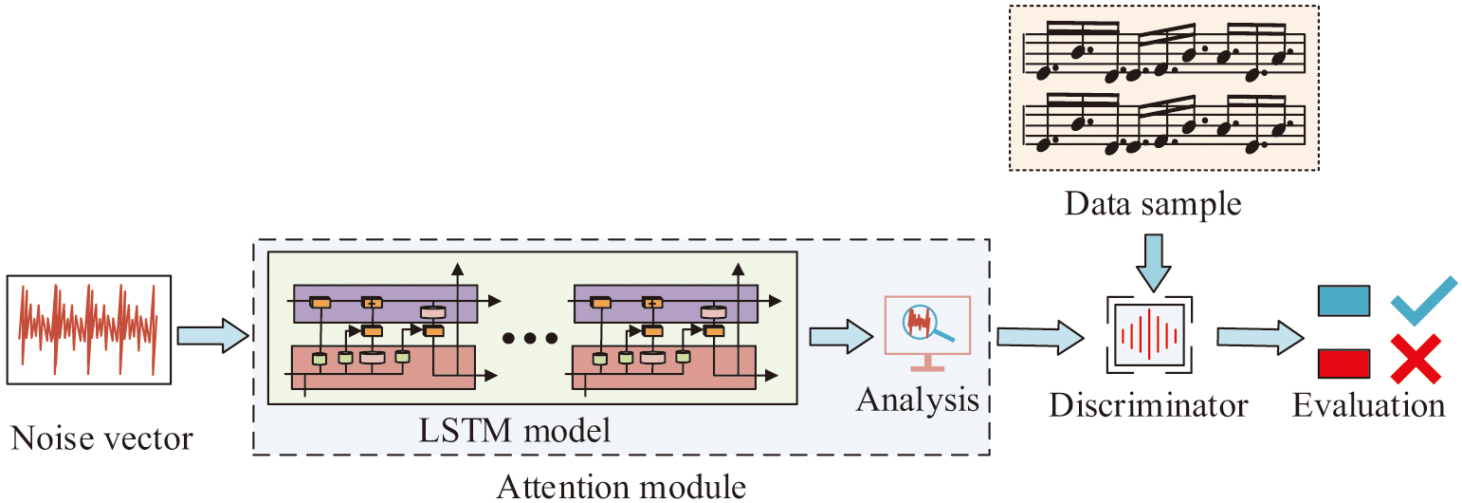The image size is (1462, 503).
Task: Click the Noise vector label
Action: click(101, 438)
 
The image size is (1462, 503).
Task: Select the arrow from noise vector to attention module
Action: click(211, 334)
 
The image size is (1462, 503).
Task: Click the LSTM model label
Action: click(515, 430)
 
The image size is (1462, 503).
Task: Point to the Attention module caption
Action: click(621, 487)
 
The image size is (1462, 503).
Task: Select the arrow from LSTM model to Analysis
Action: click(840, 334)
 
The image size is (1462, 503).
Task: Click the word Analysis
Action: click(918, 400)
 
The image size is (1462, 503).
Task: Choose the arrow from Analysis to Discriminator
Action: click(1039, 334)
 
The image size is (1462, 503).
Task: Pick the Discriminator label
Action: click(1148, 406)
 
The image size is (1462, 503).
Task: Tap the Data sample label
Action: click(1152, 203)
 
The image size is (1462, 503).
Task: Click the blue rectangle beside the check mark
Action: click(1343, 302)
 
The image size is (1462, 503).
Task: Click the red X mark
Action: click(1416, 361)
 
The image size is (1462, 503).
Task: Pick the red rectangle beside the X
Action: click(1343, 363)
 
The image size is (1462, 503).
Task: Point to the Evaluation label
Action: click(1369, 406)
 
